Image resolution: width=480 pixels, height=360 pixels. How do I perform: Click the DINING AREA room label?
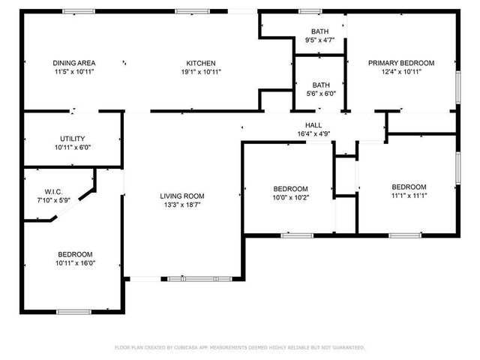[x=74, y=63]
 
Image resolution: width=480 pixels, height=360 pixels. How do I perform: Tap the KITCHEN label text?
[x=201, y=63]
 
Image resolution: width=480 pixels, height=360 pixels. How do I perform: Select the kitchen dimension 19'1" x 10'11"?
[x=201, y=73]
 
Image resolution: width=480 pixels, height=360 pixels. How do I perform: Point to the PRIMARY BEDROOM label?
[x=400, y=63]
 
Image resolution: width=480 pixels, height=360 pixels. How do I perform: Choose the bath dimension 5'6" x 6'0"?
[x=320, y=94]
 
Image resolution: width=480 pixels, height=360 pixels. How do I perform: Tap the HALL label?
[x=313, y=125]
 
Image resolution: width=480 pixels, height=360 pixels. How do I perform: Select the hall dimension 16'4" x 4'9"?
[x=313, y=135]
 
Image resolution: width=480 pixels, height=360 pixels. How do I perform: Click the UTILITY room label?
[x=73, y=139]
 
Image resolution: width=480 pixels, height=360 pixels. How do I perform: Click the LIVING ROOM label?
[x=182, y=196]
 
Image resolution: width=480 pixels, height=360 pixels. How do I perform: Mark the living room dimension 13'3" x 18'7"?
[x=182, y=205]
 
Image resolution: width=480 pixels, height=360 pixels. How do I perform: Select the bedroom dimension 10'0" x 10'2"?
[x=289, y=198]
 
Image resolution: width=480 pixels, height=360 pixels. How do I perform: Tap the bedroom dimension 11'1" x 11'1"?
[x=409, y=196]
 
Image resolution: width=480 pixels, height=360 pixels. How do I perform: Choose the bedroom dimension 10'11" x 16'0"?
[x=74, y=263]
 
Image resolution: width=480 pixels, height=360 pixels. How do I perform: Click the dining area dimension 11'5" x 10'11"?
[x=74, y=73]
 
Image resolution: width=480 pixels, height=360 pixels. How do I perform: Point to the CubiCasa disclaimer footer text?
[x=240, y=348]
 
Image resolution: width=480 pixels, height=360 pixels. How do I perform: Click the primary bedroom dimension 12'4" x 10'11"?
[x=400, y=73]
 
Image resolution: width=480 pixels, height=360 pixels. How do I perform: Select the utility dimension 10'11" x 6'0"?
[x=73, y=148]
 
